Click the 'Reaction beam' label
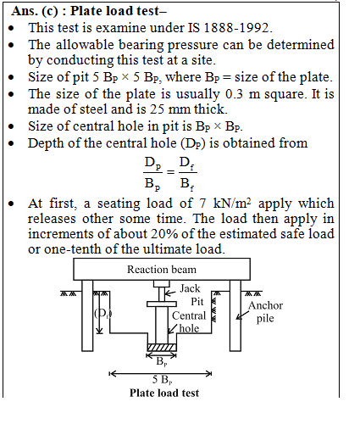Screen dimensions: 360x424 (x=162, y=270)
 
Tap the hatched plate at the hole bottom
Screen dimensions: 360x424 (x=162, y=348)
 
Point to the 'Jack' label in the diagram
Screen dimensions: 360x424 (x=190, y=288)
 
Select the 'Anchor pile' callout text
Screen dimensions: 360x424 (x=265, y=312)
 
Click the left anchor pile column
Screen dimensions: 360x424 (x=87, y=315)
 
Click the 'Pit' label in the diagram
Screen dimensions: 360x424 (x=197, y=302)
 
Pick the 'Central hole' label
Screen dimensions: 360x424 (x=189, y=321)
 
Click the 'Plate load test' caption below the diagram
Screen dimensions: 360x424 (x=164, y=393)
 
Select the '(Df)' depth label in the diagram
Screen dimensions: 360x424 (x=103, y=314)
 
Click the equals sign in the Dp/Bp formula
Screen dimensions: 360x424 (x=170, y=171)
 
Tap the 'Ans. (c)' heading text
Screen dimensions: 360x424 (x=35, y=11)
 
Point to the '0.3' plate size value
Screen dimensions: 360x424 (x=234, y=94)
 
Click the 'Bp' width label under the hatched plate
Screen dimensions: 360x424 (x=162, y=361)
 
